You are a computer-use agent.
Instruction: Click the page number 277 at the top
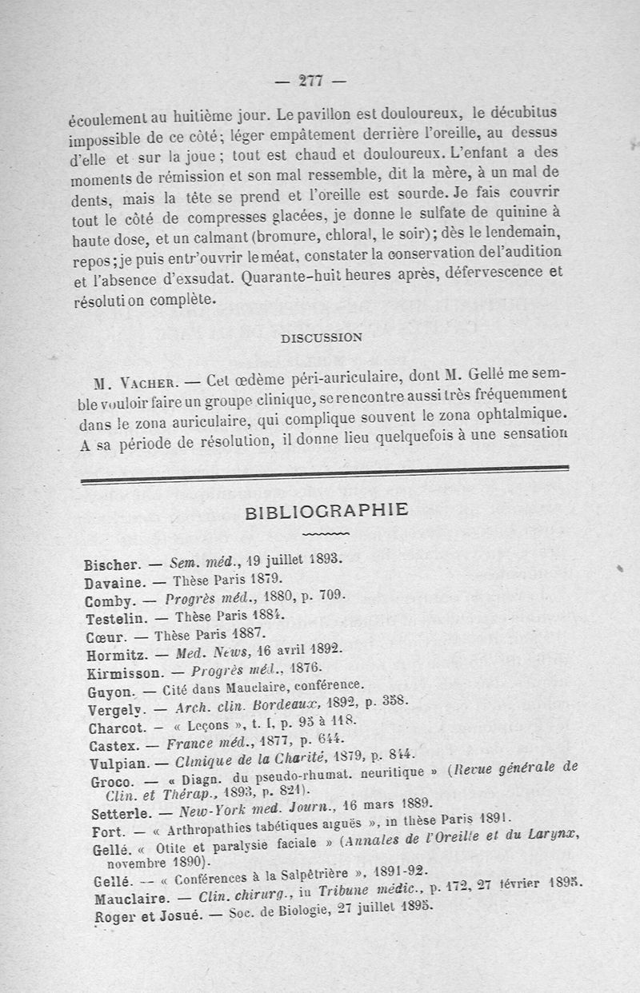tap(309, 80)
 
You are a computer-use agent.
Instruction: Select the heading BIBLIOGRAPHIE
tap(326, 510)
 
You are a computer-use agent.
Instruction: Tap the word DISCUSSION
tap(321, 337)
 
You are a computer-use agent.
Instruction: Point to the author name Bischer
tap(112, 564)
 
